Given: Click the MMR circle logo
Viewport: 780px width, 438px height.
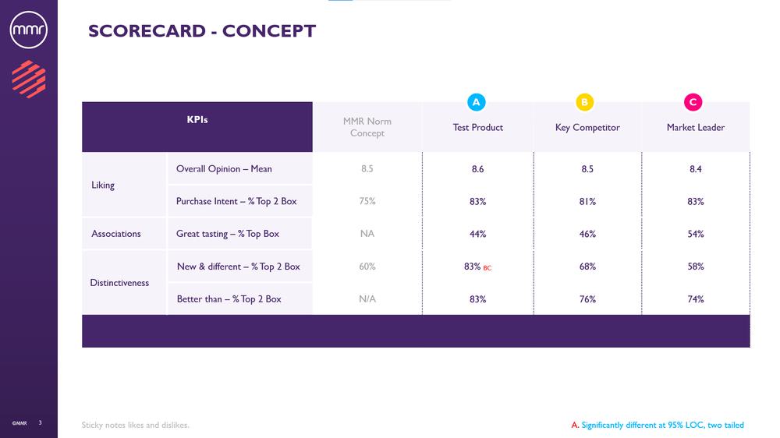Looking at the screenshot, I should click(29, 30).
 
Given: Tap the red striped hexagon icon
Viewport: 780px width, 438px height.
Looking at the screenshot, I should click(29, 79).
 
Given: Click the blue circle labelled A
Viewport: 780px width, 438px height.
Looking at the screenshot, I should click(477, 102).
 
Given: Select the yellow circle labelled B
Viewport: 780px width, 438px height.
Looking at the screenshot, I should click(584, 102).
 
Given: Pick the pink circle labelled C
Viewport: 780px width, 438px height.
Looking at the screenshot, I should click(693, 102).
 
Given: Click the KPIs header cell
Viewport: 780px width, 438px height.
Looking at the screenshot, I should click(197, 120).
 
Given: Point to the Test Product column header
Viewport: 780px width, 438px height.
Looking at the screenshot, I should click(478, 127).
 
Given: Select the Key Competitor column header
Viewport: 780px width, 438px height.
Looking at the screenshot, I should click(587, 127).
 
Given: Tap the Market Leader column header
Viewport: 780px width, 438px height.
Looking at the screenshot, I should click(696, 127).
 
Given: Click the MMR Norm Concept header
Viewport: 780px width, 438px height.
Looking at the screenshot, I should click(367, 127).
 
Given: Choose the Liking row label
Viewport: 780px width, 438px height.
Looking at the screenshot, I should click(103, 185).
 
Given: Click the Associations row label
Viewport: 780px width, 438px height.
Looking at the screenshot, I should click(116, 234).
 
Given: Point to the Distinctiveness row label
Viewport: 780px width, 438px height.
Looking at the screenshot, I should click(119, 283).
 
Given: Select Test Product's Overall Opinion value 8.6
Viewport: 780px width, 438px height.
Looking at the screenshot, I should click(477, 169).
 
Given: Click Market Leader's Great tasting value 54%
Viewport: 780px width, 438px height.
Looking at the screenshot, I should click(696, 234).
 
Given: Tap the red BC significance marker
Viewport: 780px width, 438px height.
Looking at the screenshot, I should click(487, 268).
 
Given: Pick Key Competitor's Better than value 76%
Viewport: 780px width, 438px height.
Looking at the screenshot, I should click(587, 299).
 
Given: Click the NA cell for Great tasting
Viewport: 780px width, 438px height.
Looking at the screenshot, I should click(367, 234).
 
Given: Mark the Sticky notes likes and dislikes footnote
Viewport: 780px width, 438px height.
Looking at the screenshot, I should click(136, 425).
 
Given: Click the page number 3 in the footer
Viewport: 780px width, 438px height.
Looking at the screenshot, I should click(41, 422).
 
